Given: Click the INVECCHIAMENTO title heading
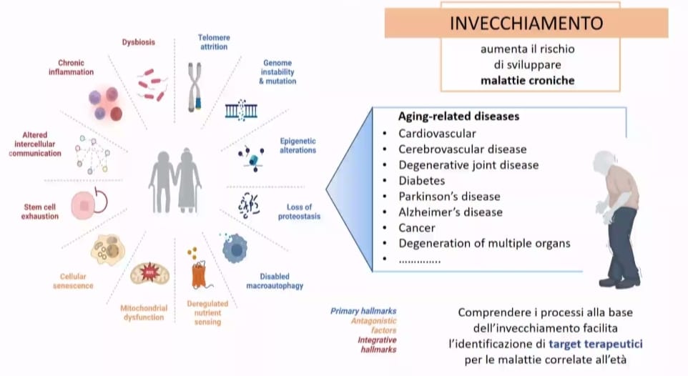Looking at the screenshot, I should point(526,23).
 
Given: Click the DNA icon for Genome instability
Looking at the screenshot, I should point(241,110).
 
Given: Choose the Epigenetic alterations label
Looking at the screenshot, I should point(298,146).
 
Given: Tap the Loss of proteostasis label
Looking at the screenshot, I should point(298,212).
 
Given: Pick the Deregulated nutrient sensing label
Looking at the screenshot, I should point(206,312).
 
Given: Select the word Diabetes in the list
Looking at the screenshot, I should point(422,180).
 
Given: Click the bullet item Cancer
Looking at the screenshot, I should point(417,227).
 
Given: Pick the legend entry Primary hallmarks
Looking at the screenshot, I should point(363,311).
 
